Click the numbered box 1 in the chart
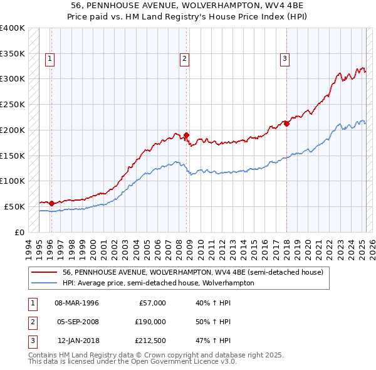[50, 60]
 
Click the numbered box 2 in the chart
[185, 60]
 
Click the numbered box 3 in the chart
[285, 60]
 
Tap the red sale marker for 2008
[187, 135]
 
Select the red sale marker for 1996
[51, 203]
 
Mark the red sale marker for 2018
[286, 124]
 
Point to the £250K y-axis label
[13, 104]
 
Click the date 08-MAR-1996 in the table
[76, 303]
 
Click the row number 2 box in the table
[31, 322]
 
